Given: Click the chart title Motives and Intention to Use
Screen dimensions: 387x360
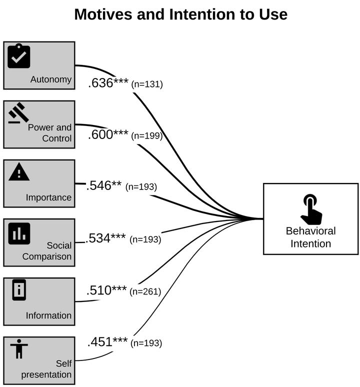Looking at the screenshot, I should click(180, 14).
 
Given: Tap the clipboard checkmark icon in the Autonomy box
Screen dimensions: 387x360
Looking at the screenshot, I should click(19, 55).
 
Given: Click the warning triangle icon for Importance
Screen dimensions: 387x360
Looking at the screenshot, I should click(19, 172).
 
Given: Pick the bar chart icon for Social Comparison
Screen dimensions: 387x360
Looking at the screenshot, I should click(19, 232).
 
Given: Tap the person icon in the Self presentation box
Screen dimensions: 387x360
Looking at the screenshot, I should click(19, 348).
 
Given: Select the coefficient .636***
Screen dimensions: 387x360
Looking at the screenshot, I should click(108, 83).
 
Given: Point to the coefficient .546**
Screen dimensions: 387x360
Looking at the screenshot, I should click(104, 186).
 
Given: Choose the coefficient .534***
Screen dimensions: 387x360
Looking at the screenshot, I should click(106, 238).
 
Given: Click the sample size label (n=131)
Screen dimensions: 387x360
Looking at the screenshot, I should click(147, 84).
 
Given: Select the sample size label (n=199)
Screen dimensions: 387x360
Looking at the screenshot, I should click(146, 135).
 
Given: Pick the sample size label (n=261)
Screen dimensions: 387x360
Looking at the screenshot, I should click(145, 291).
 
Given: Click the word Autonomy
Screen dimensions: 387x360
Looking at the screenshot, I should click(51, 79).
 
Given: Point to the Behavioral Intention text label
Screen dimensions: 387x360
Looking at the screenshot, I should click(310, 237).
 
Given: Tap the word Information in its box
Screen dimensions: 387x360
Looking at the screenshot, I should click(48, 315).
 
